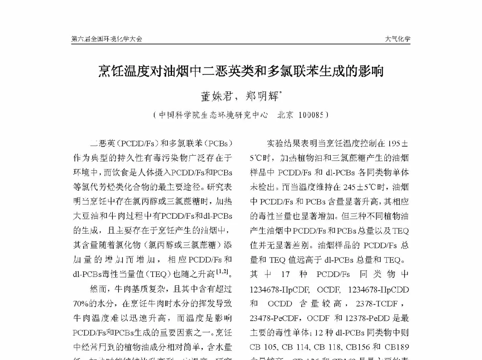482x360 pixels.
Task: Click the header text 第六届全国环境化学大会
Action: (106, 39)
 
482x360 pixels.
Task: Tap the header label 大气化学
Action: (398, 39)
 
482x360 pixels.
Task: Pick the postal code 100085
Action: (311, 115)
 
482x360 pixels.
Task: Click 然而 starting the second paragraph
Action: (98, 289)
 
